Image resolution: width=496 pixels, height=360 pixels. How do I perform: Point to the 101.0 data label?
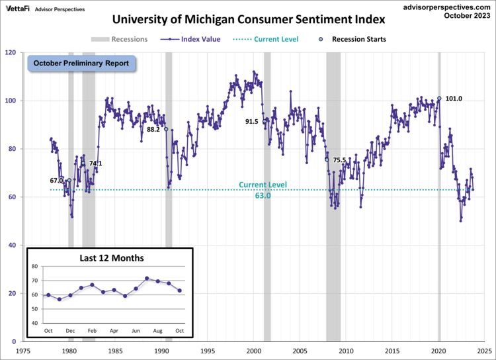pyautogui.click(x=453, y=99)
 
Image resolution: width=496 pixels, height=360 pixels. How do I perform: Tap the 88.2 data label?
pyautogui.click(x=153, y=130)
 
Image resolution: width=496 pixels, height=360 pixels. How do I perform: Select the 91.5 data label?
pyautogui.click(x=251, y=122)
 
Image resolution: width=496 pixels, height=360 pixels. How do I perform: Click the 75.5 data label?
pyautogui.click(x=339, y=160)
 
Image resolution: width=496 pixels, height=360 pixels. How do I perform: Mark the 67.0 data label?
pyautogui.click(x=56, y=180)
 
